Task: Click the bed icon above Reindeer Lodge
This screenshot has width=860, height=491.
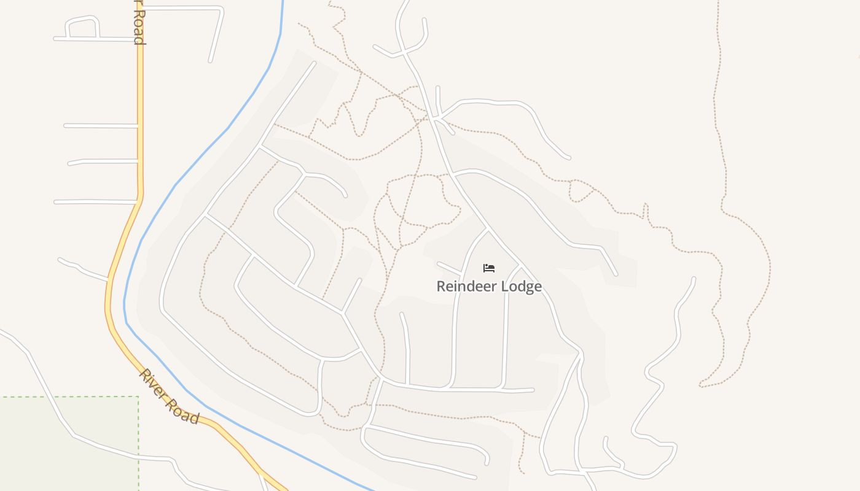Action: (489, 268)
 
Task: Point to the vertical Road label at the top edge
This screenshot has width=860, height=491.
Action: (139, 23)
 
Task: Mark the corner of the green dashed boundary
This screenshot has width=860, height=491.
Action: (138, 396)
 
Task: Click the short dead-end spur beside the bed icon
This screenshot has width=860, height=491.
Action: (449, 268)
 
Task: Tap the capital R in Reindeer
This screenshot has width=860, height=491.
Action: (440, 287)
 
